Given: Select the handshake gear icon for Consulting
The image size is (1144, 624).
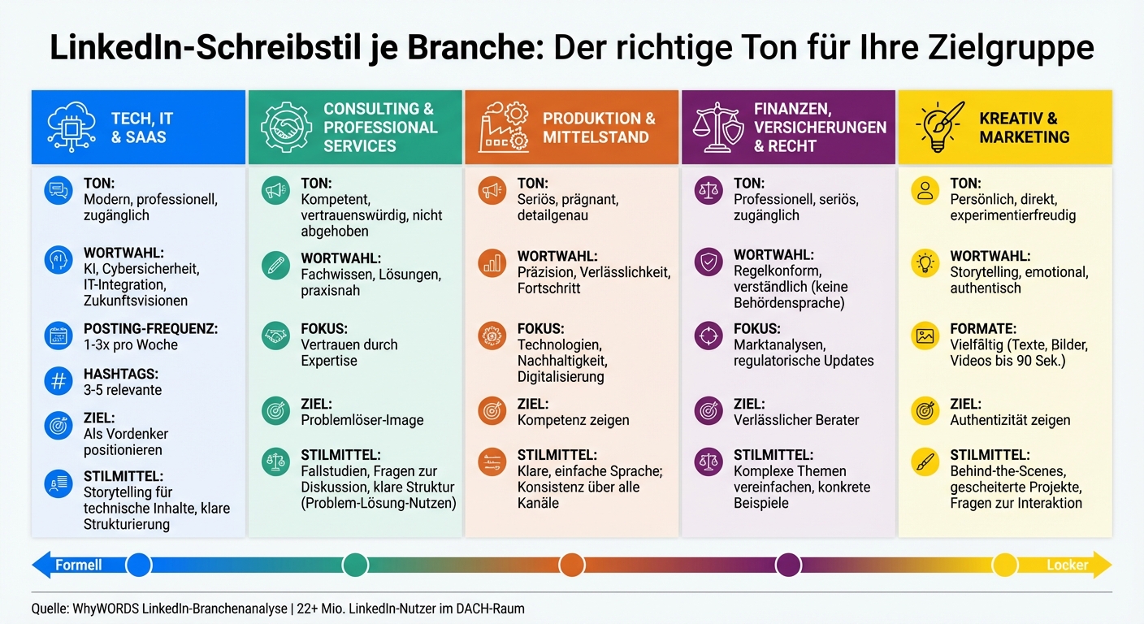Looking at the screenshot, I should coord(286,128).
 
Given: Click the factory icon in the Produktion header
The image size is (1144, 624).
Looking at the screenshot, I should coord(504,128).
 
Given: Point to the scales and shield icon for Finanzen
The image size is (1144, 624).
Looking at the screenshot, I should coord(718,128).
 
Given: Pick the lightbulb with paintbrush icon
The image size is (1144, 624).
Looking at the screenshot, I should coord(940,128).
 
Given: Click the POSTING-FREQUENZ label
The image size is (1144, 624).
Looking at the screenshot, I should coord(150,329).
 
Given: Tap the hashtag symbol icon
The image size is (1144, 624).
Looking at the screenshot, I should coord(58,381).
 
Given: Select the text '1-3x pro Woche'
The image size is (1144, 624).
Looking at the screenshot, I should coord(130,345).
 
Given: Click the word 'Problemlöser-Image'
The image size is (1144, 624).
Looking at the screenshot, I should coord(362,420).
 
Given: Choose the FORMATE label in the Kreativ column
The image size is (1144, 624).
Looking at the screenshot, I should coord(983,329).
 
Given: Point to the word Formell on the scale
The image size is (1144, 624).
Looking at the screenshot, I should coord(78,565).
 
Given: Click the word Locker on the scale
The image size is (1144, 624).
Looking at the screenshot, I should coord(1067,565).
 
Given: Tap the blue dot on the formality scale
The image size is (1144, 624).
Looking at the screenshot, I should coord(139,564).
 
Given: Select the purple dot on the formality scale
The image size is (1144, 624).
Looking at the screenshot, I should coord(788,564).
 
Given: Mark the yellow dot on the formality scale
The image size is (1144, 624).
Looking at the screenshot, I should coord(1005,564).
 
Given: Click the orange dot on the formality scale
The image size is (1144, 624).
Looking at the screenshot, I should coord(572,564).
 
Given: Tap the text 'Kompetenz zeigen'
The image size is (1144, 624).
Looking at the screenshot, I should coord(573,420).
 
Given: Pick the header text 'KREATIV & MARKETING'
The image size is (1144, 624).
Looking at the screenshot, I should coord(1024,128).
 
